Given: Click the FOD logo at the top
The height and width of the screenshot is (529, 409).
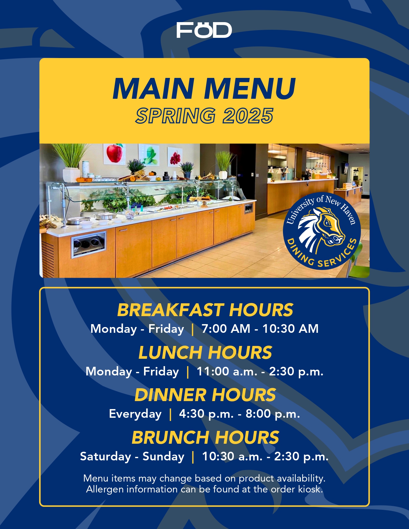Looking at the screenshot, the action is click(204, 30).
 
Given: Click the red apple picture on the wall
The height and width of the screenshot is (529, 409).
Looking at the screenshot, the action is click(115, 154).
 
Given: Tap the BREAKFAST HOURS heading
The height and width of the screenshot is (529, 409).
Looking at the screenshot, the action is click(205, 310).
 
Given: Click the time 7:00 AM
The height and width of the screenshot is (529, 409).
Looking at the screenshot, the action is click(226, 329).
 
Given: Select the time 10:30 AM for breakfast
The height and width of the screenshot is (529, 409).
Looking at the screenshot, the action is click(290, 329).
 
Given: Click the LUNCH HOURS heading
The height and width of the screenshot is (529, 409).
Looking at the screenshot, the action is click(205, 352).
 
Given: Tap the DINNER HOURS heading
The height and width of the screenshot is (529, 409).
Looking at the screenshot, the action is click(205, 395).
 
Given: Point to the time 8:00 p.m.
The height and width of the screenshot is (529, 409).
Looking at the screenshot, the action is click(273, 414).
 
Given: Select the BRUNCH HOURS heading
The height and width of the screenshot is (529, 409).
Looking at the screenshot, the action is click(205, 437).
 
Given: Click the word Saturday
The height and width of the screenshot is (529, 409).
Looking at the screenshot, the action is click(106, 457).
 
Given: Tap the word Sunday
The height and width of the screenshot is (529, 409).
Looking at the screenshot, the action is click(164, 457).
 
